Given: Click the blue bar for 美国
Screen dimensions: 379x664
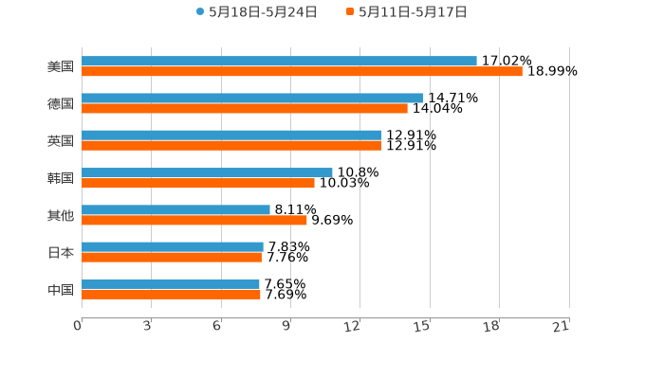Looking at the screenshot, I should [x=279, y=61].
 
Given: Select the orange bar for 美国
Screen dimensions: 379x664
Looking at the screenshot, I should [x=302, y=72].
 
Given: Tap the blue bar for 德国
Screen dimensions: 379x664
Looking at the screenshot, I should [x=252, y=98].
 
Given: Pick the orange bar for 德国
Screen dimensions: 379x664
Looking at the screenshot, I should [x=245, y=109].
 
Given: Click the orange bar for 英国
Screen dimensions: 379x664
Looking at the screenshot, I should [x=231, y=146].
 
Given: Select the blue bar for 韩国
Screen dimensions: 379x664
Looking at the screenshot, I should [x=207, y=172].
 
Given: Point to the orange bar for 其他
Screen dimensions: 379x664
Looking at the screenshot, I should [x=194, y=221].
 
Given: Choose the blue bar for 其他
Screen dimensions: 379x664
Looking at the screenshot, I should [x=175, y=209].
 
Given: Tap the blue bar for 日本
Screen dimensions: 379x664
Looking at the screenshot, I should [x=173, y=246].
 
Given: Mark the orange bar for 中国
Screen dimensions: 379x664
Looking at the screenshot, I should [x=171, y=295].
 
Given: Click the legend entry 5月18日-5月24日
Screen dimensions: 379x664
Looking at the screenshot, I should [x=257, y=12].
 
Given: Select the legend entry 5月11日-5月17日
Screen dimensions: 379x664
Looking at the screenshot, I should [x=407, y=12].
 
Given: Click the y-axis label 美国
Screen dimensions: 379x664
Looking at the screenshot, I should [x=61, y=66].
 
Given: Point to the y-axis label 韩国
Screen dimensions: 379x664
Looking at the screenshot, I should [x=61, y=178].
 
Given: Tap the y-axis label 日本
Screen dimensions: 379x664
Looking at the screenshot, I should [x=61, y=252].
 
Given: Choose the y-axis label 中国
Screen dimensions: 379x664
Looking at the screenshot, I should [x=61, y=289].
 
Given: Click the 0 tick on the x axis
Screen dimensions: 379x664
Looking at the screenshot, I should [x=78, y=326].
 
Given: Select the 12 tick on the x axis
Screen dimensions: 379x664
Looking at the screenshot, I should [x=353, y=326].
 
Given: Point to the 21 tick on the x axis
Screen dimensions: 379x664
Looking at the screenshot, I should [x=562, y=326].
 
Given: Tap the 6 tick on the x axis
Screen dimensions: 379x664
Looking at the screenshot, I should [x=217, y=326].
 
